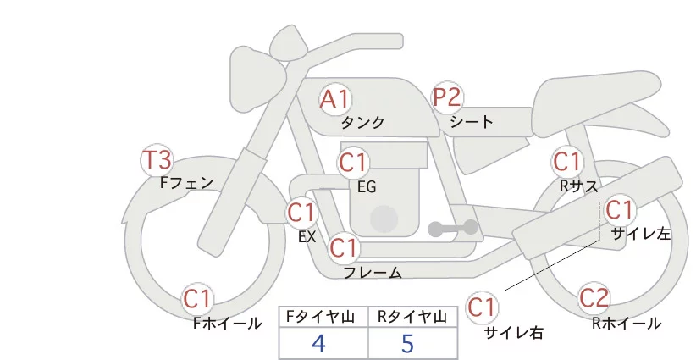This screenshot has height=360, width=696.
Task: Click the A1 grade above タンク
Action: tap(335, 100)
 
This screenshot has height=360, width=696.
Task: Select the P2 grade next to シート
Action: tap(447, 98)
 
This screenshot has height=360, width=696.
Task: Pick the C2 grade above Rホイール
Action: tap(594, 298)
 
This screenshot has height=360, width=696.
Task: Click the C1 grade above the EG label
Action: tap(354, 162)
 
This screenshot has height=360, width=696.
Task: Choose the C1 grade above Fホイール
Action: tap(199, 298)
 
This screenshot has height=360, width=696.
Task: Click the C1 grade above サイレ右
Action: tap(484, 306)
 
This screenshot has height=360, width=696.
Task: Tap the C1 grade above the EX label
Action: tap(301, 212)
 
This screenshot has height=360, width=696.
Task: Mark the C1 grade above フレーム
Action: tap(344, 248)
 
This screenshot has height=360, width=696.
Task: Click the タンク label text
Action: tap(363, 123)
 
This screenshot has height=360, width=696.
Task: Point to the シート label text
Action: tap(472, 122)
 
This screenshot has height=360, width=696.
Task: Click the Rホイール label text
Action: tap(626, 323)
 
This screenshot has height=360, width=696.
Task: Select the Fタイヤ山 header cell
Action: tap(323, 317)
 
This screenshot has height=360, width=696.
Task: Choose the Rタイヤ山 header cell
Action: tap(413, 317)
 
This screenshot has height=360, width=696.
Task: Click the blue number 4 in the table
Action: tap(318, 343)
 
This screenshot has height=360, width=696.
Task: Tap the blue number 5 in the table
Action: tap(408, 343)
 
